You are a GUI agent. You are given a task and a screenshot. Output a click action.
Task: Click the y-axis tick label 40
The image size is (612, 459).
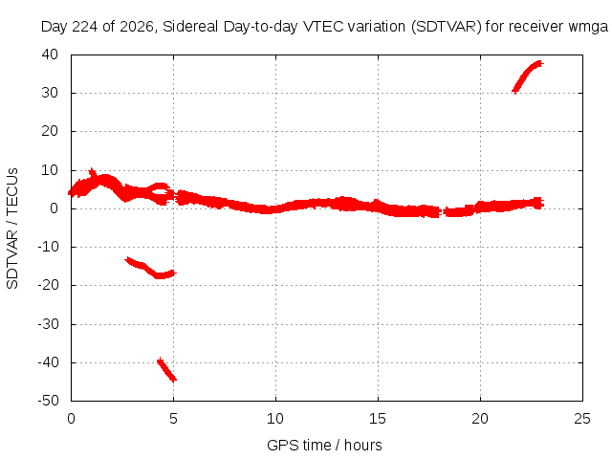50,55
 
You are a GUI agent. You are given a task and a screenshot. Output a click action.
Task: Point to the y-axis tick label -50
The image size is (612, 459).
48,401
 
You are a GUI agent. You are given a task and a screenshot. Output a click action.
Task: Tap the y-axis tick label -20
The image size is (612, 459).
48,285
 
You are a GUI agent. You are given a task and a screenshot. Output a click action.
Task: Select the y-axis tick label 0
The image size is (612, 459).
55,208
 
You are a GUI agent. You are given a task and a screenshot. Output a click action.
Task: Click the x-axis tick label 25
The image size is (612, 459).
582,419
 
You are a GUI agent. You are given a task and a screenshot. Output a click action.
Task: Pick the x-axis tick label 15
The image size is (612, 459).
378,419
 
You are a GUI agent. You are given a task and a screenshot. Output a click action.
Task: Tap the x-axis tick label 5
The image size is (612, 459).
173,419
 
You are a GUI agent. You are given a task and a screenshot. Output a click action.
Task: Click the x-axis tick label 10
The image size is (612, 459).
275,419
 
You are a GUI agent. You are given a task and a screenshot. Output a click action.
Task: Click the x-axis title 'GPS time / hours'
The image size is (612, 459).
324,446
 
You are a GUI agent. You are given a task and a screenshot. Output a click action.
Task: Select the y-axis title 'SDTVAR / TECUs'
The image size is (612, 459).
12,229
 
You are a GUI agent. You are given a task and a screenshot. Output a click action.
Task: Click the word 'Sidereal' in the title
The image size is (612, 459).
190,27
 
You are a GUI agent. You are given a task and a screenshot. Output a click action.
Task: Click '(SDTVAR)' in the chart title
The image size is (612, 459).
447,27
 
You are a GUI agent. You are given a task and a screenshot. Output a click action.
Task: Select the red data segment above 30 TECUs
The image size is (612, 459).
528,76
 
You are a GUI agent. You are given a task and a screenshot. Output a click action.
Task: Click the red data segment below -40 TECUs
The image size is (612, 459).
166,369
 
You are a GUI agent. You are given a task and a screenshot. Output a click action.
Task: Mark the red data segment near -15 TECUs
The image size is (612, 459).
151,268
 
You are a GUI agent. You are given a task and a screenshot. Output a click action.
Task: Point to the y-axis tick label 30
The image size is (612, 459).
50,93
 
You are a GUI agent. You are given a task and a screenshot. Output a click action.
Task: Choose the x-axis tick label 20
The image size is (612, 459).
480,419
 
